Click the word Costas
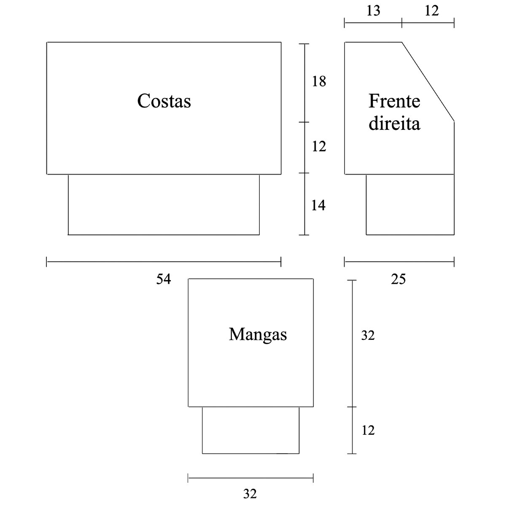click(x=164, y=101)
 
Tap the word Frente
click(x=394, y=101)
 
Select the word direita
click(x=394, y=124)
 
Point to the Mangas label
click(x=258, y=334)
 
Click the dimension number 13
click(x=373, y=11)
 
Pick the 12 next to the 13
click(x=431, y=11)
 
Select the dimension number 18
click(x=319, y=81)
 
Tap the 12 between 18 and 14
click(x=319, y=147)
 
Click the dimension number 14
click(x=318, y=205)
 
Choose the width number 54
click(x=164, y=279)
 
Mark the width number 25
click(x=398, y=279)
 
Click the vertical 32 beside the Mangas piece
click(x=368, y=336)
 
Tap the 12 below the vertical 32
click(x=368, y=431)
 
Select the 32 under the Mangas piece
click(x=250, y=493)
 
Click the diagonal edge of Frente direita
click(x=428, y=82)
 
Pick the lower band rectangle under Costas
click(x=164, y=205)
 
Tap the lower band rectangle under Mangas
click(x=251, y=430)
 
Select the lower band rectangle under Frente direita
click(x=410, y=205)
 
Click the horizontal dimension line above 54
click(x=164, y=262)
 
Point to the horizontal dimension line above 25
click(x=399, y=262)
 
